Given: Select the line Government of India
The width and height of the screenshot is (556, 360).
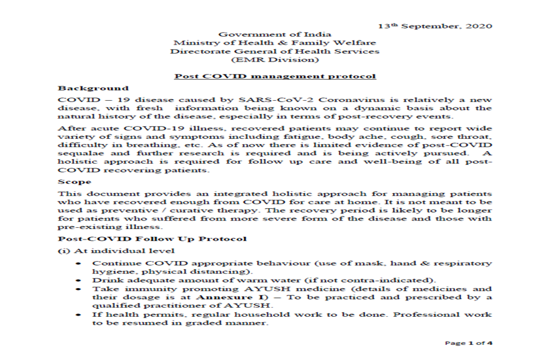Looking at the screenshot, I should click(275, 34).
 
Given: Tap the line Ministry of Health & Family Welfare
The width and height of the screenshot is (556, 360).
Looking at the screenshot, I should click(275, 43).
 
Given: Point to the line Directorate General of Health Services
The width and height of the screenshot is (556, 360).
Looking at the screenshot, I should click(275, 51).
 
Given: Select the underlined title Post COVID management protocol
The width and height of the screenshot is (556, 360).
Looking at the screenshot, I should click(275, 76).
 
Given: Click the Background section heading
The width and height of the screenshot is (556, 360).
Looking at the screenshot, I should click(93, 88).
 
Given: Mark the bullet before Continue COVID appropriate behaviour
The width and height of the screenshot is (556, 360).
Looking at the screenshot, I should click(78, 262).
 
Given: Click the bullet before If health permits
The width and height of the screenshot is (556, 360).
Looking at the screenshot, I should click(78, 314).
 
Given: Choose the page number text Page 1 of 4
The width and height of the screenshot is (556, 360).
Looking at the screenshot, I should click(468, 343).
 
